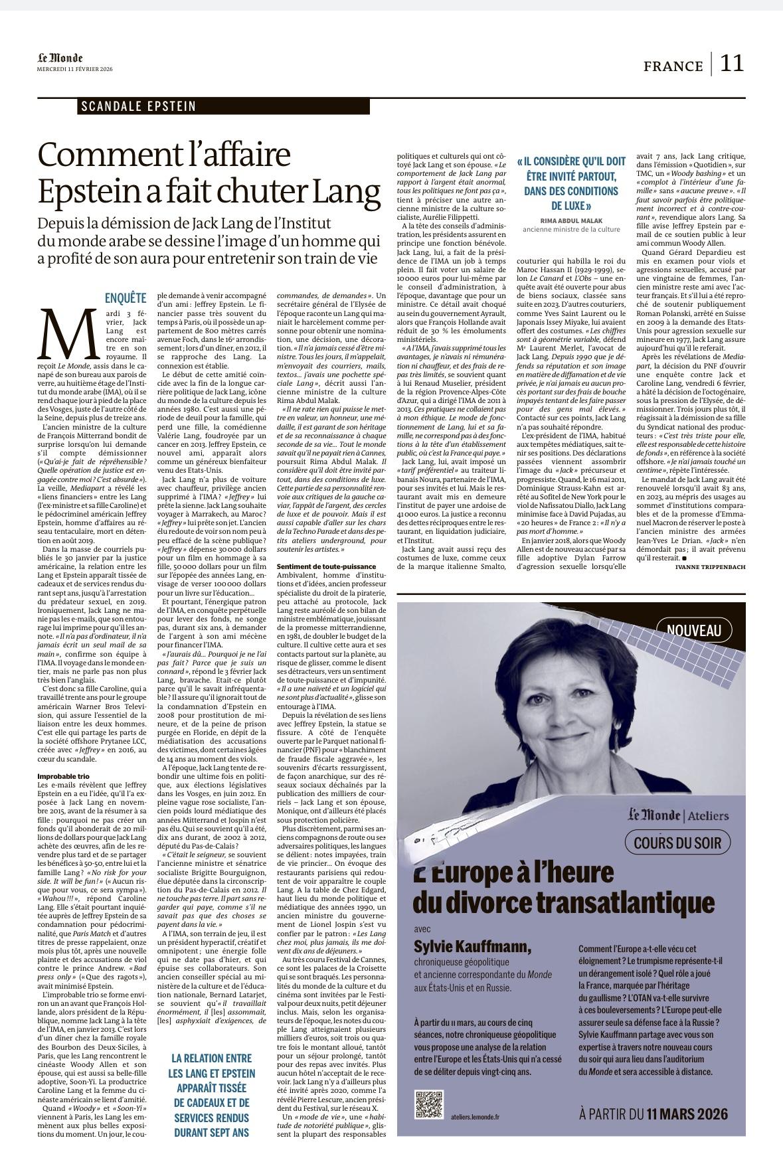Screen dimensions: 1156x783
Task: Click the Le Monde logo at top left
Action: (x=60, y=58)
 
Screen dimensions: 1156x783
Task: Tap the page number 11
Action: (x=732, y=64)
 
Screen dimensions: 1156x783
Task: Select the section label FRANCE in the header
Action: (x=673, y=66)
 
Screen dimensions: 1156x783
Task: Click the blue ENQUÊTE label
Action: (x=126, y=297)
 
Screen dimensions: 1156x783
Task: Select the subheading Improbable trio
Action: (x=64, y=776)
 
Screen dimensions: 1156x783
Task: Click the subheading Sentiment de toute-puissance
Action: (x=320, y=566)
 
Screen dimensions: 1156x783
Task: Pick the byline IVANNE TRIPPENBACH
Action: (x=709, y=568)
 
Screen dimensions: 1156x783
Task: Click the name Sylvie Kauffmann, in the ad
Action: (x=472, y=946)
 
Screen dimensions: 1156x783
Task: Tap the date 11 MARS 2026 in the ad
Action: (x=687, y=1114)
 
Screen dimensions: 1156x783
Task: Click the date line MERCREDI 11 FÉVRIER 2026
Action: (x=74, y=70)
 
